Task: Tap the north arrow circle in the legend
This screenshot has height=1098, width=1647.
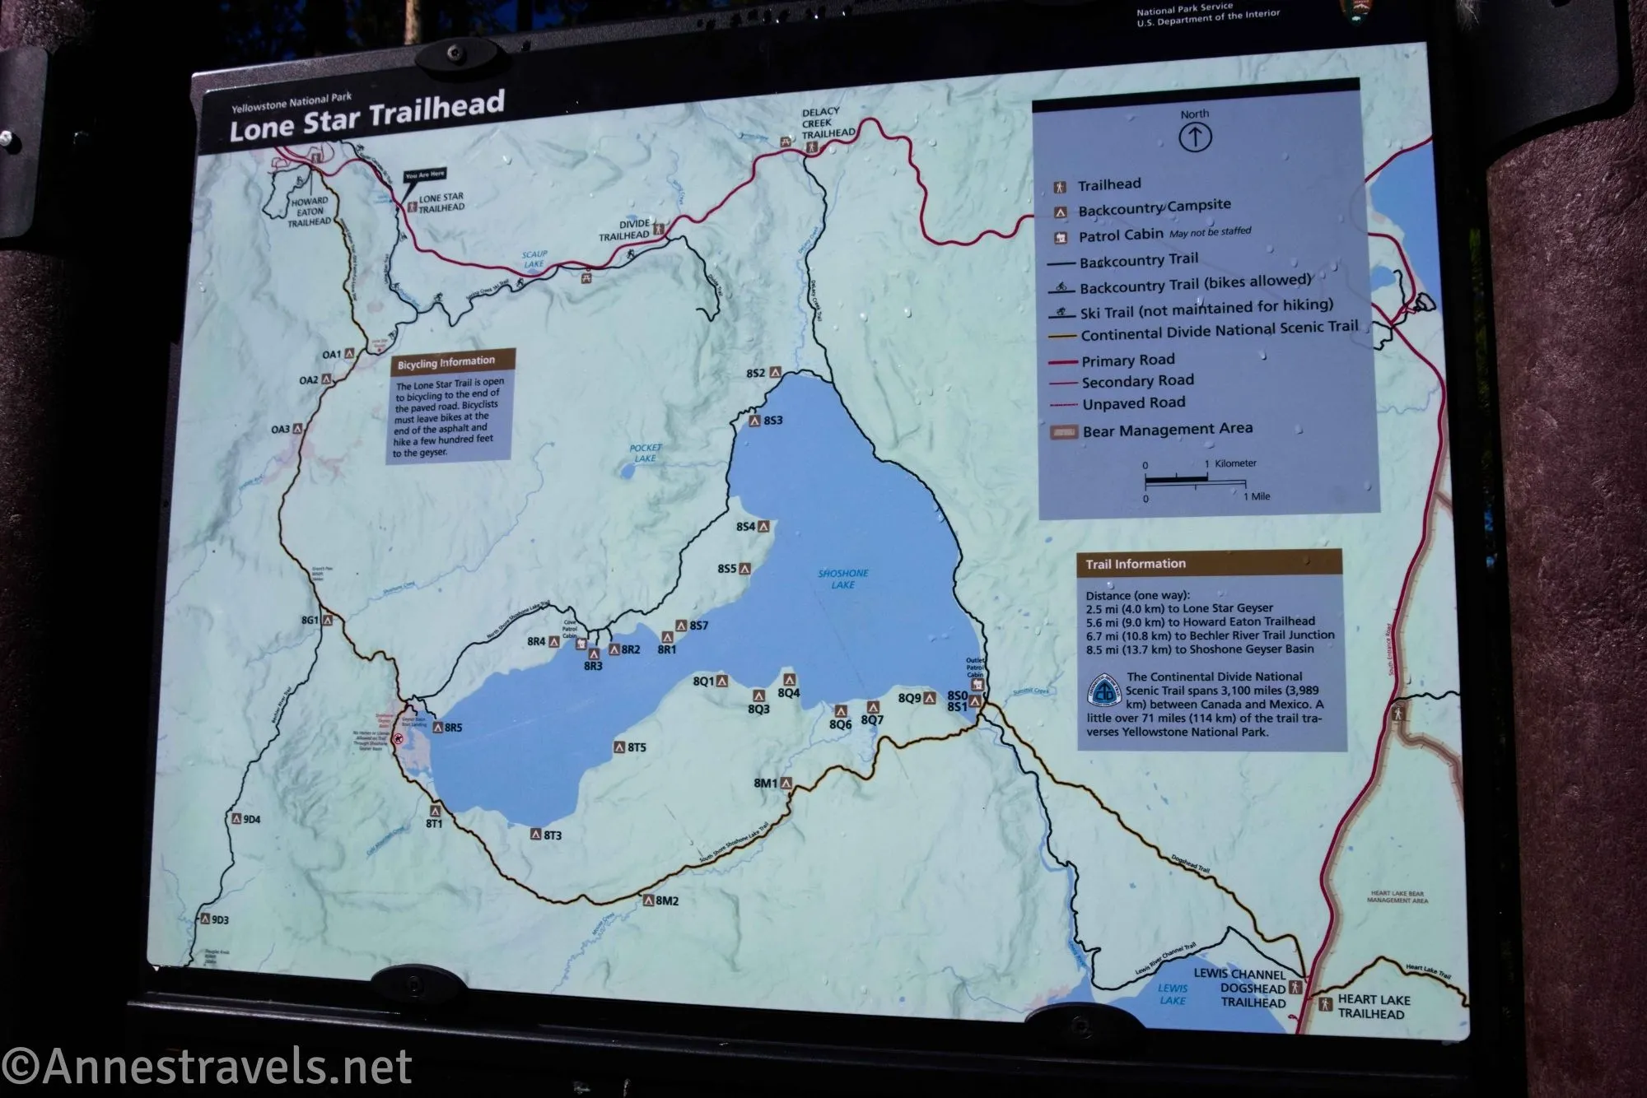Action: coord(1194,137)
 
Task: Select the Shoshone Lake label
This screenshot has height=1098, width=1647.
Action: coord(842,579)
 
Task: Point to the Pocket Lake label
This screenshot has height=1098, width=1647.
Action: coord(646,453)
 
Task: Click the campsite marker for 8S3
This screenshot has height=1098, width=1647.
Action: coord(754,421)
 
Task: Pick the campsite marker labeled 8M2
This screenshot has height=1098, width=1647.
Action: coord(649,900)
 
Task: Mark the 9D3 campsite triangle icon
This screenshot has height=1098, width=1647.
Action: coord(205,919)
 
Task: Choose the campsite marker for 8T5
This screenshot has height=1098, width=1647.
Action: coord(620,747)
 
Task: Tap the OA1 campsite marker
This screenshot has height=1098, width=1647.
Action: coord(349,353)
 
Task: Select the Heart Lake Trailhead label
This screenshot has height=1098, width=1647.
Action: coord(1374,1006)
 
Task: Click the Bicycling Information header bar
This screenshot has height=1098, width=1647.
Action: coord(451,361)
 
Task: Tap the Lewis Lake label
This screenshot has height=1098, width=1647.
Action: coord(1172,993)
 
